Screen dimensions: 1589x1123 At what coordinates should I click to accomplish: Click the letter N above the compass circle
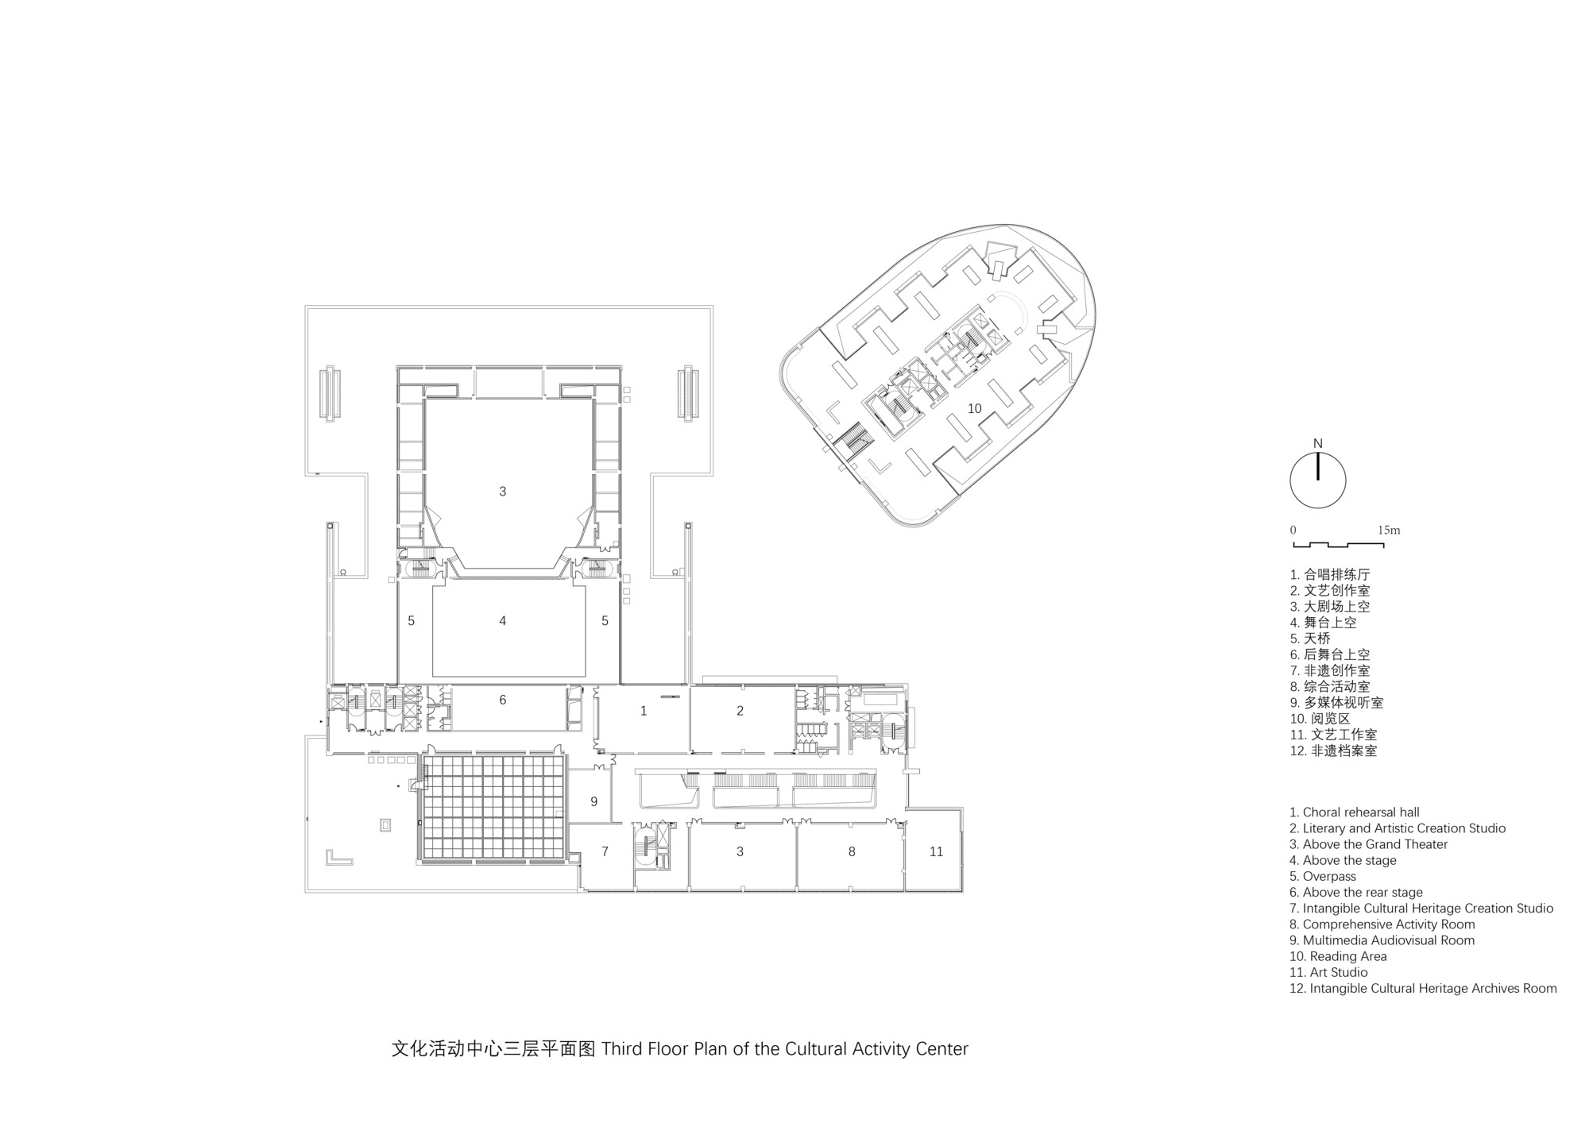click(1318, 444)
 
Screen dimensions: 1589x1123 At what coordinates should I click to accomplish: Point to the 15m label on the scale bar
click(1389, 530)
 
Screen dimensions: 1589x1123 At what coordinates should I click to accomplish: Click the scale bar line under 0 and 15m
click(1339, 546)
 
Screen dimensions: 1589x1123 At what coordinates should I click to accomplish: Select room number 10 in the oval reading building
click(974, 408)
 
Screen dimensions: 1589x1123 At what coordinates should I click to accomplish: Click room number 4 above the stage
click(502, 621)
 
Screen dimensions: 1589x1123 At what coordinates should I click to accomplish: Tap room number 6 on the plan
click(502, 700)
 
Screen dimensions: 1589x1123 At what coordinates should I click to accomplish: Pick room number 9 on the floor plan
click(593, 802)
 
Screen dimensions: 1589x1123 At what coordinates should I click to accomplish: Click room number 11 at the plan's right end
click(936, 851)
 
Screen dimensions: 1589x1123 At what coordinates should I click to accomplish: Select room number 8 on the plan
click(852, 851)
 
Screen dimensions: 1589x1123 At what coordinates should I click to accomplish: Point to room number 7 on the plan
click(605, 851)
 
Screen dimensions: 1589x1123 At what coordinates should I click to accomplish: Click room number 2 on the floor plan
click(740, 711)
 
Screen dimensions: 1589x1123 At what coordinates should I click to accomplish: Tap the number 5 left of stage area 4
click(411, 621)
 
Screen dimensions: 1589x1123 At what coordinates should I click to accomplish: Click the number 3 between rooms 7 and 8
click(740, 851)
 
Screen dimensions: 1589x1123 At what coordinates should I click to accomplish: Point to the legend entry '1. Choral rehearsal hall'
click(1355, 812)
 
